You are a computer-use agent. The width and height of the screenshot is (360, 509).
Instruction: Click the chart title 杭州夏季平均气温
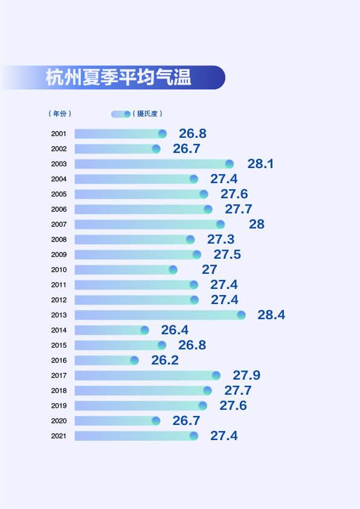118,78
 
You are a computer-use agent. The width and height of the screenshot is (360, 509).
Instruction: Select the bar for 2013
158,315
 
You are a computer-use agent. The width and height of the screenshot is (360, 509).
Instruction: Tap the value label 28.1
260,164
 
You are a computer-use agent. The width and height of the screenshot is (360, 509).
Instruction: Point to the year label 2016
59,360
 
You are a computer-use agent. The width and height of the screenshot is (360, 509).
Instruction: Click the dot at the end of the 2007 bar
220,224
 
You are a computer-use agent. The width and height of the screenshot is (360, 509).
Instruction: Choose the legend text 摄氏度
148,114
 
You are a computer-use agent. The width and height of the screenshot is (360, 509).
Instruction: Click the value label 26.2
164,360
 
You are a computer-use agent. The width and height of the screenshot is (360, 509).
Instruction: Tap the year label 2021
59,436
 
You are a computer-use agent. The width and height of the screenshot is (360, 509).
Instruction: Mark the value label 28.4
271,315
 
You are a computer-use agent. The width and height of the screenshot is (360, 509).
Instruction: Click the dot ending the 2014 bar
144,330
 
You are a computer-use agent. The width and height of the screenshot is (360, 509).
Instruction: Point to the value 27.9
246,375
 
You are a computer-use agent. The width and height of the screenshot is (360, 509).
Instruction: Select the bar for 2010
124,270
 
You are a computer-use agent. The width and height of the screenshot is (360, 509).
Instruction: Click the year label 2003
59,164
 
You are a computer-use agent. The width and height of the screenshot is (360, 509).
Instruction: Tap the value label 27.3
220,239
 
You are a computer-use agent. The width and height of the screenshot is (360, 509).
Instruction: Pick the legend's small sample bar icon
121,114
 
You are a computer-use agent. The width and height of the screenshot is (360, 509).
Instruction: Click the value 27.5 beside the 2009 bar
227,254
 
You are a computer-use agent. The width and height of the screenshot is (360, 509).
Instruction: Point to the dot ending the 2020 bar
156,421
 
